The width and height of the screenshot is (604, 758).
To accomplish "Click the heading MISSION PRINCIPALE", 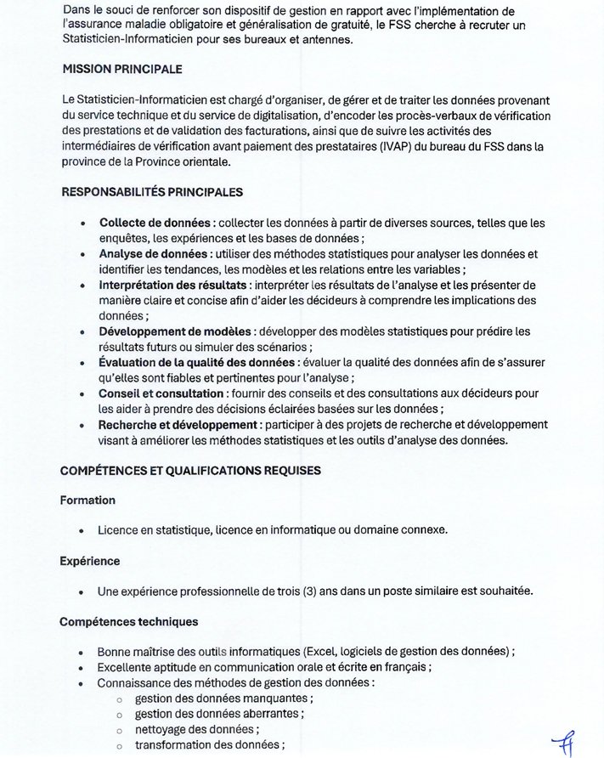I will coord(122,69).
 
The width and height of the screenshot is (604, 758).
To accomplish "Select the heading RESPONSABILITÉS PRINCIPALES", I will coord(152,192).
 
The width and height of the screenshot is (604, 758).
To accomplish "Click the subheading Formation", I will coord(87,500).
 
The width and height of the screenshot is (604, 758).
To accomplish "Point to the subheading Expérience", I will coord(90,561).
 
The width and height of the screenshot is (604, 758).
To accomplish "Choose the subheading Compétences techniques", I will coord(128,622).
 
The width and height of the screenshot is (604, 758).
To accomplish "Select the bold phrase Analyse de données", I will coord(153,254).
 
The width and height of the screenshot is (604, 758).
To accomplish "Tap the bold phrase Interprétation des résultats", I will coord(173,285).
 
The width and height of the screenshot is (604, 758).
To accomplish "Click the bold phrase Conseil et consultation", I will coord(161,393).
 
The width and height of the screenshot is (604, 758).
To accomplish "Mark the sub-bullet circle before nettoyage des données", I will coord(119,730).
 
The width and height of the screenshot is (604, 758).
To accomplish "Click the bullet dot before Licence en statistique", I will coord(81,530).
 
